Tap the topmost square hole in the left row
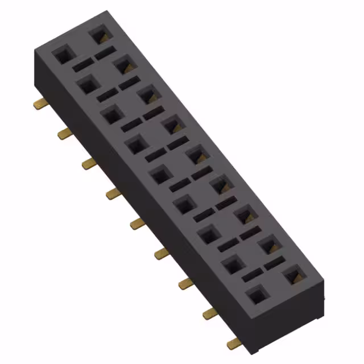tap(61, 55)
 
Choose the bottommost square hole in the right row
tap(293, 275)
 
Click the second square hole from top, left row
tap(86, 85)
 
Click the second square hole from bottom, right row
tap(268, 246)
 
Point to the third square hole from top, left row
tap(110, 115)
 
